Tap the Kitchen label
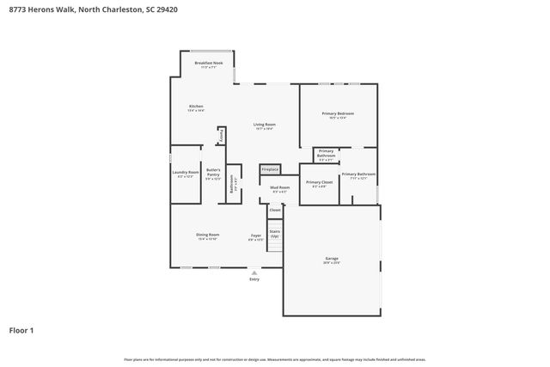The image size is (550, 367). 196,107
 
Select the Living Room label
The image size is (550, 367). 264,125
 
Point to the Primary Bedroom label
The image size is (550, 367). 338,114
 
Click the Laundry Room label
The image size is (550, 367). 187,173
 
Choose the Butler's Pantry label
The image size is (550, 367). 213,174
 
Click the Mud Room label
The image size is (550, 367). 280,188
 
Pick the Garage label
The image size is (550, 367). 332,259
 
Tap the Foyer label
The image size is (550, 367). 255,236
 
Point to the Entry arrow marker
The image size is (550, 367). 254,272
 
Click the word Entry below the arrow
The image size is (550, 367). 254,279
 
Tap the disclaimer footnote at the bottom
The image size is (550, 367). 274,359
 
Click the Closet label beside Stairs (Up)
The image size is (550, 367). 275,210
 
